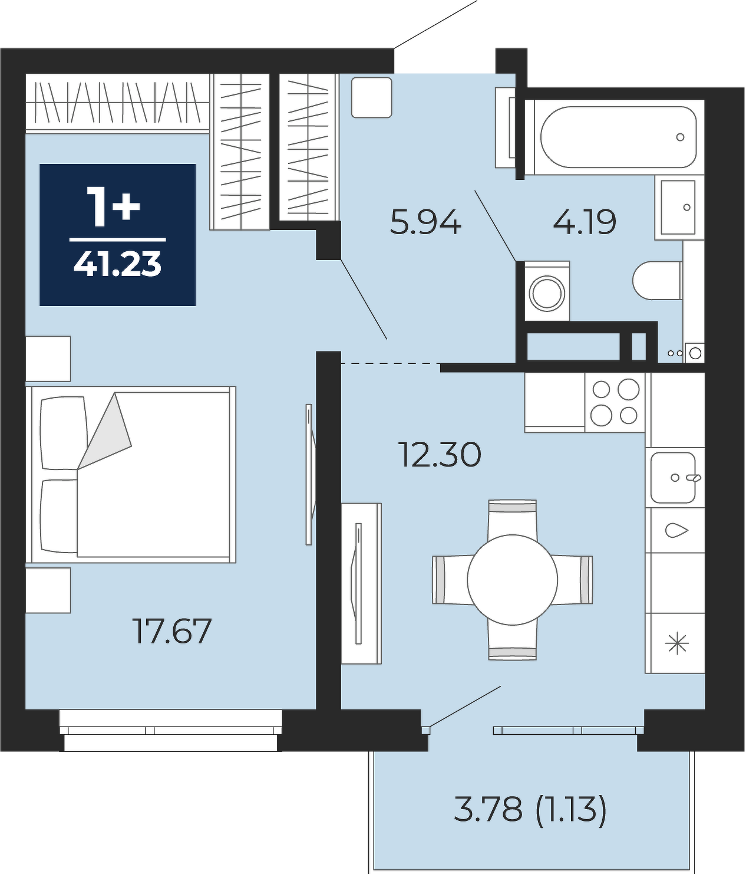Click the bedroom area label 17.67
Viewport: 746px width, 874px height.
pyautogui.click(x=171, y=631)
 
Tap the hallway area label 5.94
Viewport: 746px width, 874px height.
pyautogui.click(x=425, y=222)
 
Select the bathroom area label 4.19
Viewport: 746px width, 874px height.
pyautogui.click(x=585, y=222)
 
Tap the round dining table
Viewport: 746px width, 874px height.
pyautogui.click(x=513, y=579)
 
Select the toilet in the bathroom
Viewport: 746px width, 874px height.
pyautogui.click(x=658, y=280)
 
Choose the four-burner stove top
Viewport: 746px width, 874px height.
pyautogui.click(x=615, y=402)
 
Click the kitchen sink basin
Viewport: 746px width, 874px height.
pyautogui.click(x=673, y=477)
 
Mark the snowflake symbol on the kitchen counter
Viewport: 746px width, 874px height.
pyautogui.click(x=676, y=645)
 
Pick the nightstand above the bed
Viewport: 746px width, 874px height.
pyautogui.click(x=48, y=359)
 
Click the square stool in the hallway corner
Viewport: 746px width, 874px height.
pyautogui.click(x=372, y=97)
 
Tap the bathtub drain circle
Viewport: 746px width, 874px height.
pyautogui.click(x=680, y=137)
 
